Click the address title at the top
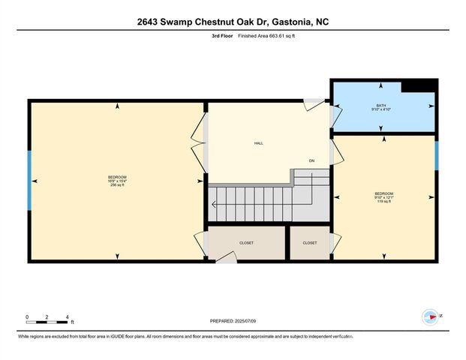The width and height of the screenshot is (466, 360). [x=233, y=22]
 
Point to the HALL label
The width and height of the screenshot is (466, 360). [x=258, y=143]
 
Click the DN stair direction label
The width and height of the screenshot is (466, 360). [x=311, y=161]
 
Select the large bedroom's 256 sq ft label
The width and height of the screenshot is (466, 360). [x=116, y=187]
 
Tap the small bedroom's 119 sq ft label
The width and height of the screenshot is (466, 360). [x=383, y=201]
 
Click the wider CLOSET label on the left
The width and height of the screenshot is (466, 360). [x=247, y=243]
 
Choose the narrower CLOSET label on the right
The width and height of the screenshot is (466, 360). [x=310, y=243]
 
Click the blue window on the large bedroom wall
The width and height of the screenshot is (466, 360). [x=30, y=180]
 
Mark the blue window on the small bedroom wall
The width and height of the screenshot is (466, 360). [x=437, y=156]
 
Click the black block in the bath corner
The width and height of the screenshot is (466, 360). [x=419, y=86]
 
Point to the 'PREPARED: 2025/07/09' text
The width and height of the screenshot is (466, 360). [x=233, y=320]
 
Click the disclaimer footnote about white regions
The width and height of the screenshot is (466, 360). [x=233, y=336]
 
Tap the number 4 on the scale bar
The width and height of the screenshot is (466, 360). [x=68, y=316]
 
